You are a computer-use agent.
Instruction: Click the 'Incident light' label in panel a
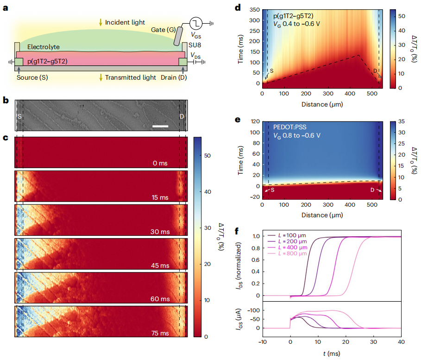coord(125,22)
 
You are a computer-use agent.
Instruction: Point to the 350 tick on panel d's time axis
coord(253,9)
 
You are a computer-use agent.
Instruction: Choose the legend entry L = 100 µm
coord(291,235)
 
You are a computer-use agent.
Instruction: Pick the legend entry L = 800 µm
coord(291,254)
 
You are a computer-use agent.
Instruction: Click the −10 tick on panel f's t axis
coord(263,342)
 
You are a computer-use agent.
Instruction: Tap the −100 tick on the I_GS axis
coord(254,310)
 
